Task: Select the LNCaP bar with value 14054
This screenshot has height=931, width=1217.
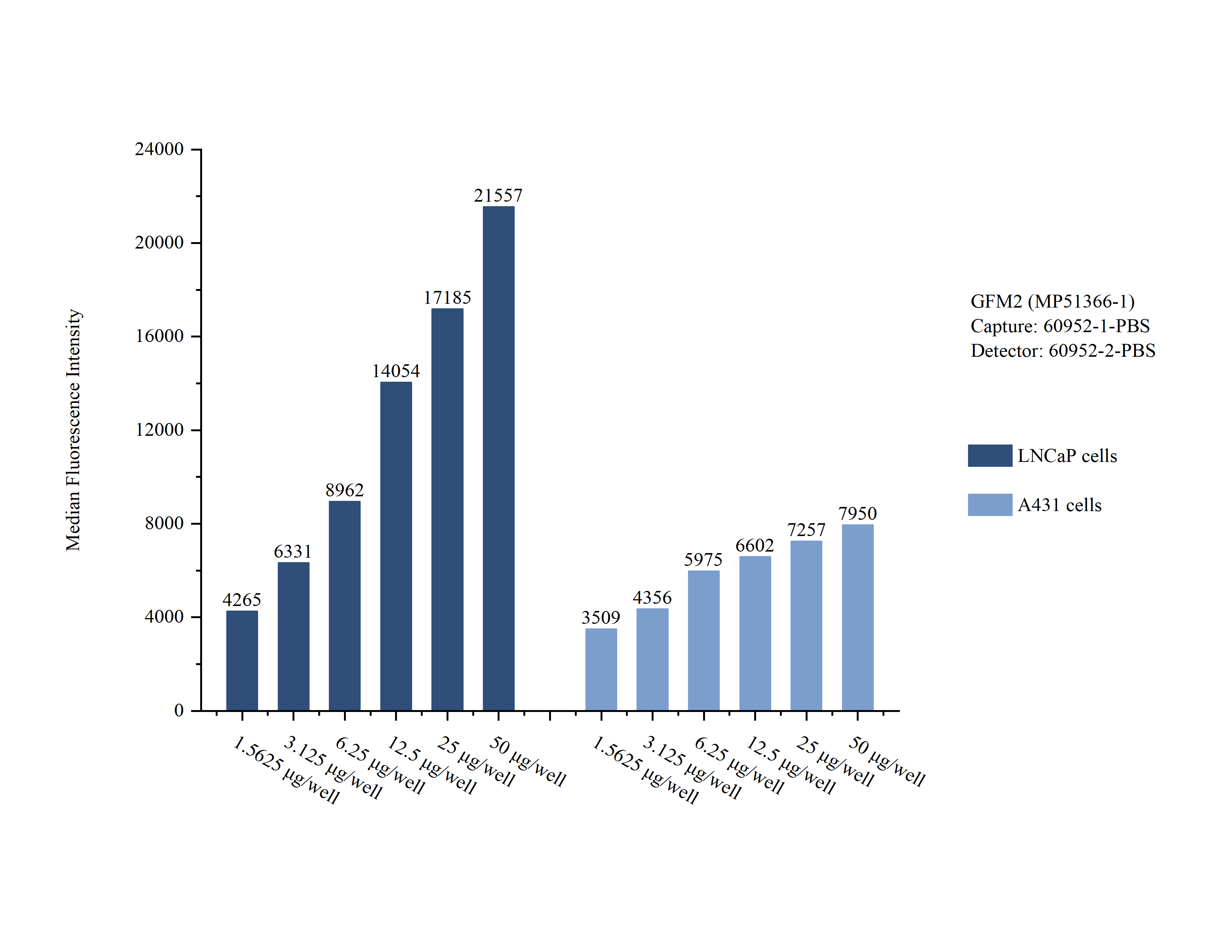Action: click(396, 546)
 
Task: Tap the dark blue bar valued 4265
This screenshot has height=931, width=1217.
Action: click(242, 660)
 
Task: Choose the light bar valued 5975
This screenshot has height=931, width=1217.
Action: click(703, 640)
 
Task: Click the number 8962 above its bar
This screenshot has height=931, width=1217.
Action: click(344, 490)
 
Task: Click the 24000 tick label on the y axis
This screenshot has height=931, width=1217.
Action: click(159, 149)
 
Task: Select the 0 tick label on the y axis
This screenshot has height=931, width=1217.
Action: click(179, 710)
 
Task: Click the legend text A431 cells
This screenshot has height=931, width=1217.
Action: click(1059, 505)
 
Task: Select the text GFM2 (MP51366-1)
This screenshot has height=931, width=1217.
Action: click(1052, 302)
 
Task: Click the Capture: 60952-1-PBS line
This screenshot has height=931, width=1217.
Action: click(1060, 326)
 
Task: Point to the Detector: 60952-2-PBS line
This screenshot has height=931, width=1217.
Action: click(1062, 351)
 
